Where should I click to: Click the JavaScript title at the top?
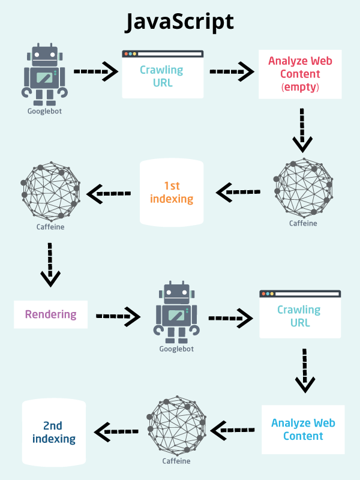click(179, 22)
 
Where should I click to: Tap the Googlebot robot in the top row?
click(43, 73)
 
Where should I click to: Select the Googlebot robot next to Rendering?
click(176, 312)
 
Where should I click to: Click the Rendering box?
click(51, 314)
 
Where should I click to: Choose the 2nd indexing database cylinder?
click(54, 432)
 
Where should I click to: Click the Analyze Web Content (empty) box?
click(300, 74)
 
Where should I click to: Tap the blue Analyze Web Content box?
click(303, 430)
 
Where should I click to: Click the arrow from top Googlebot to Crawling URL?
click(96, 71)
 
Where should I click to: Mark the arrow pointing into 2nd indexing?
click(116, 430)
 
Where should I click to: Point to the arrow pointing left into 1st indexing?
click(238, 193)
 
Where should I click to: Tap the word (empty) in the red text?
click(300, 88)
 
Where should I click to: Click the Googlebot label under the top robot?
click(43, 111)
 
